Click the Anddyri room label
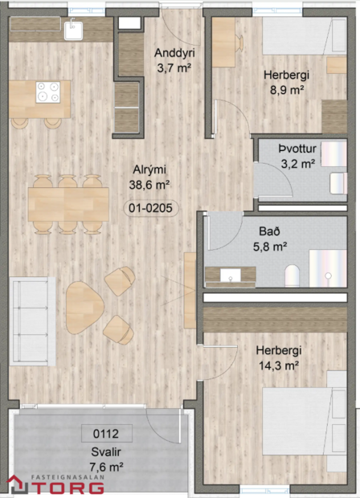[174, 54]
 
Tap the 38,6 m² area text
[150, 184]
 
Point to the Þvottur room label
[296, 149]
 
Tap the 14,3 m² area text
[278, 365]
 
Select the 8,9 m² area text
[286, 90]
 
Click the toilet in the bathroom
[292, 273]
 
